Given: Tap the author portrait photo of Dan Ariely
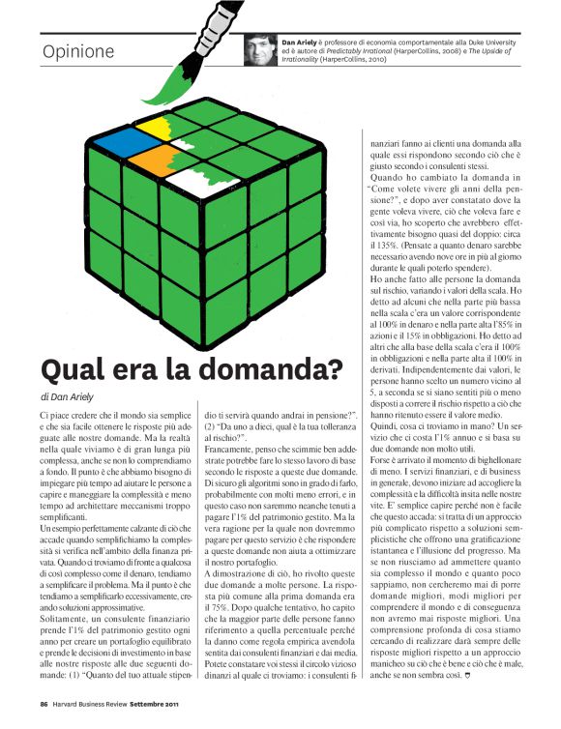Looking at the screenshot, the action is point(260,49).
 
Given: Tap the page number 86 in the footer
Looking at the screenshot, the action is point(44,703).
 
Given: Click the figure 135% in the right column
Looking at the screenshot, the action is point(376,232).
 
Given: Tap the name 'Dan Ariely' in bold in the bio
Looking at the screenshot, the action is point(301,43).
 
